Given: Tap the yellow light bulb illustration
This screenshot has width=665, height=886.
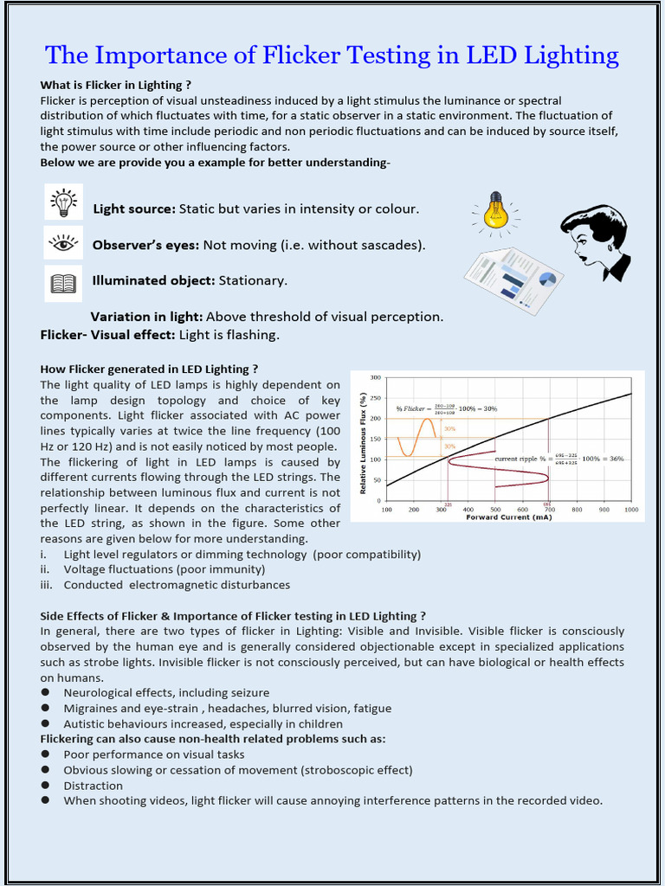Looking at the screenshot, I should tap(495, 211).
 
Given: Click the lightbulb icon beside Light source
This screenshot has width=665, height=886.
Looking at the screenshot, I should tap(64, 202).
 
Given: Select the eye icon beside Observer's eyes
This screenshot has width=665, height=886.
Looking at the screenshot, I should tap(64, 243).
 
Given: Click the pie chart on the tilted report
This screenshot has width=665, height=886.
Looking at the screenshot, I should tap(546, 279).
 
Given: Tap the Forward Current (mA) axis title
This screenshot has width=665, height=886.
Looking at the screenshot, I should tap(509, 517).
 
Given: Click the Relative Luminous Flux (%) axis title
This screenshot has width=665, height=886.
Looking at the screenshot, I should tap(364, 445).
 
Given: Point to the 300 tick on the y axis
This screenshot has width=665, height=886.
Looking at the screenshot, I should tap(376, 378).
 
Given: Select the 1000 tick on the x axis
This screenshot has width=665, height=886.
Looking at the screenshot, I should tap(631, 510).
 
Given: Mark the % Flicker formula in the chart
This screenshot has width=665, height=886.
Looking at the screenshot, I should tap(446, 408).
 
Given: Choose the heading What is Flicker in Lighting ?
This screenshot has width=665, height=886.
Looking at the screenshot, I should tap(115, 85).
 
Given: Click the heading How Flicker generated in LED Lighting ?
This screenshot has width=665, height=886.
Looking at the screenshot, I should tap(149, 369).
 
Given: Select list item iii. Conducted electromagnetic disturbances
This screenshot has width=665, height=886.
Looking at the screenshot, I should tap(176, 585).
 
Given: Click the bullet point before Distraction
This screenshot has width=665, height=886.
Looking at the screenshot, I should tap(44, 786).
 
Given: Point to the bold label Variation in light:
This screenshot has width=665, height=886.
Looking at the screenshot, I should tap(146, 317).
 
